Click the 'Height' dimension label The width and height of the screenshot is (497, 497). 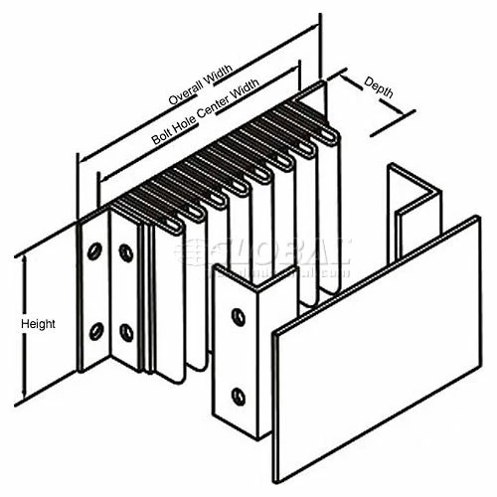(x=37, y=324)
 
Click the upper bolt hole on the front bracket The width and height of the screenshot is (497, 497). (x=237, y=317)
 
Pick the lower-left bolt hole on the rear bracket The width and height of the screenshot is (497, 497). (x=97, y=328)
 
